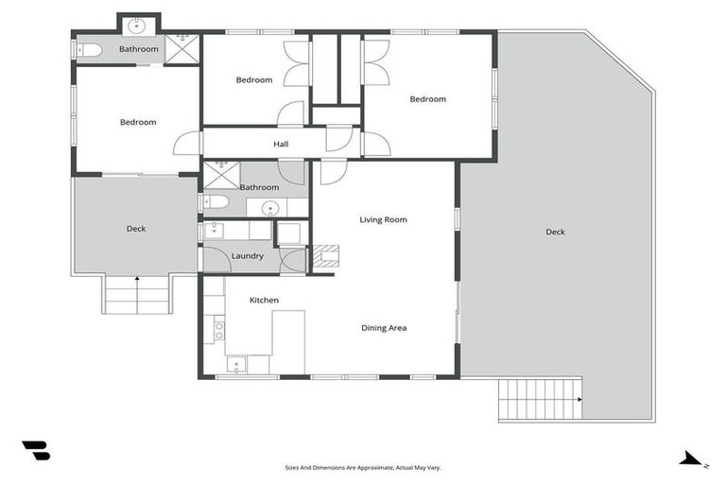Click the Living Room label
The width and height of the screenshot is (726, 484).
[x=383, y=220]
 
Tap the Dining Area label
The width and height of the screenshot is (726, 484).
[x=384, y=328]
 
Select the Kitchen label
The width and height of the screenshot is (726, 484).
[x=264, y=301]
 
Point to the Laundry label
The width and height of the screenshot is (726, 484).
[x=247, y=256]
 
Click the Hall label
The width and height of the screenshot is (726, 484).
[x=281, y=145]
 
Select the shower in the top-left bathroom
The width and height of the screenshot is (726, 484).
[x=180, y=49]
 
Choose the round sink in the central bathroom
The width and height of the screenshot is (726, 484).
[x=272, y=207]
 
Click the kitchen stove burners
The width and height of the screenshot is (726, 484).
[x=219, y=330]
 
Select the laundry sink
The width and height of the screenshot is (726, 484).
[x=214, y=228]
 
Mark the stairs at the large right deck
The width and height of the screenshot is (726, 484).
[x=539, y=398]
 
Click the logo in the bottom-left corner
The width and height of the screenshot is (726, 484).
[x=35, y=451]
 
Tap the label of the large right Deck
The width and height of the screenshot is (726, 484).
[x=555, y=232]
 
